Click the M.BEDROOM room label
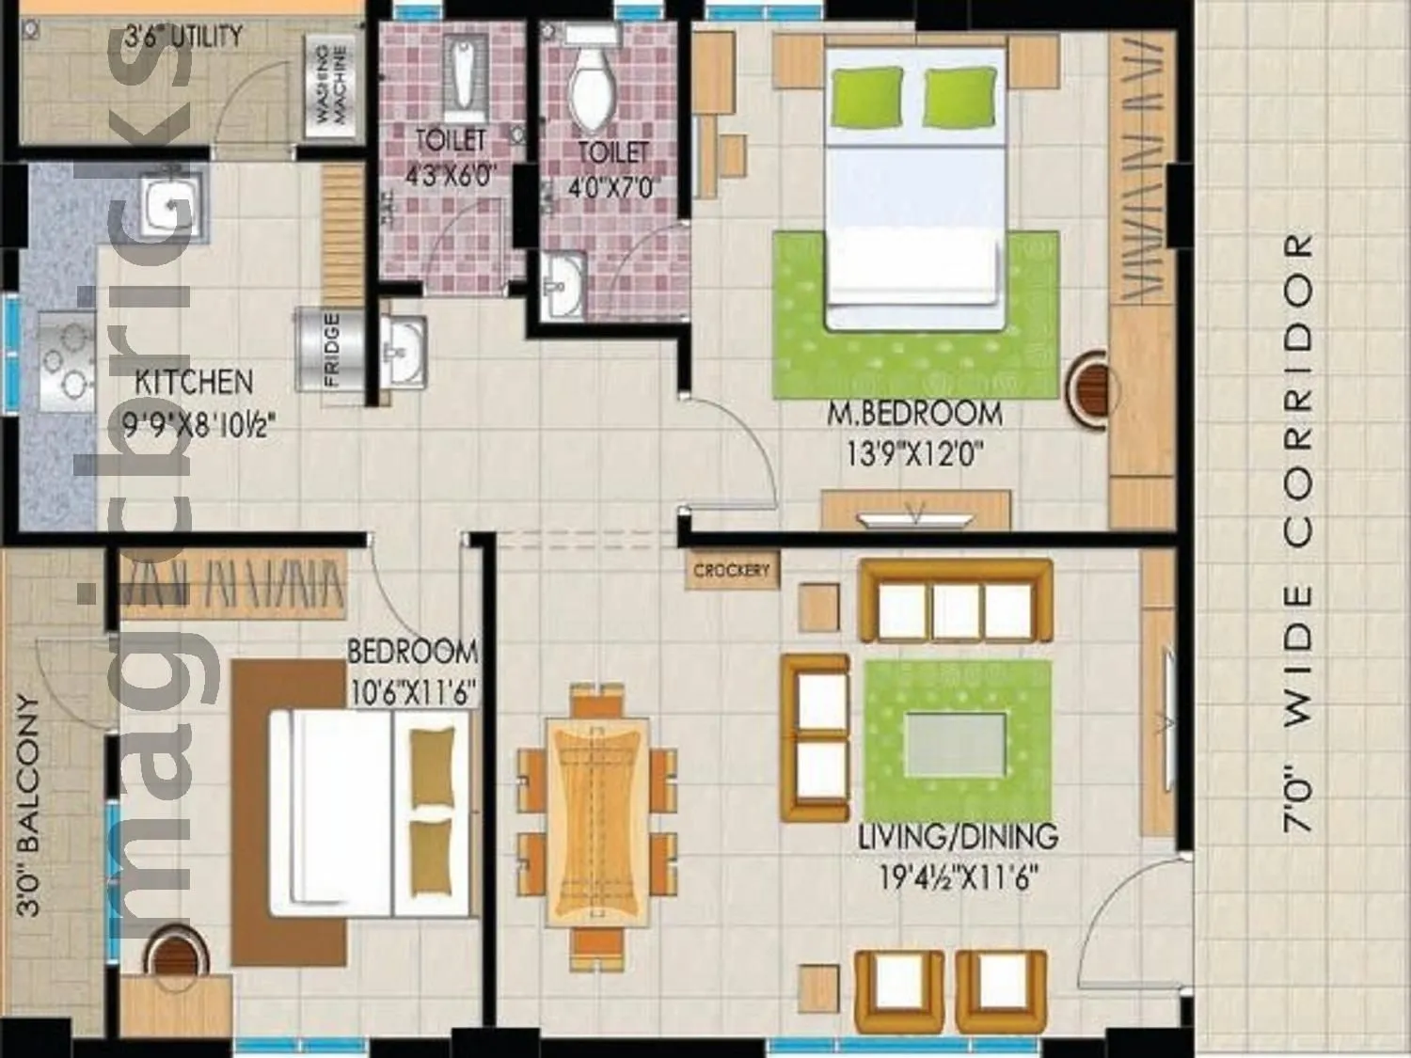tap(914, 414)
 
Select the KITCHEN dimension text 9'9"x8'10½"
tap(198, 426)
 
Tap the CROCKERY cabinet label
tap(731, 570)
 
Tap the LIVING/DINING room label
tap(958, 836)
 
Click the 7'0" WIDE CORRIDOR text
tap(1298, 531)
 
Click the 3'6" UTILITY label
tap(183, 37)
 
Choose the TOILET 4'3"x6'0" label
tap(450, 157)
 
